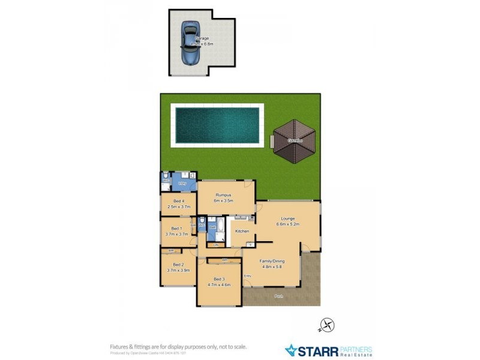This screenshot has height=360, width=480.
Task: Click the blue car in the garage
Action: click(x=191, y=44)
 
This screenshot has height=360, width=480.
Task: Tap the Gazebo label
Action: click(x=293, y=140)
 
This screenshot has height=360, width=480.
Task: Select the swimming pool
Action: click(x=217, y=124)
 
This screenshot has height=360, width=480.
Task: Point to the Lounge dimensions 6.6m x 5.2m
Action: click(x=287, y=224)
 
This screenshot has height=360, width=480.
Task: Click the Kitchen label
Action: click(x=242, y=231)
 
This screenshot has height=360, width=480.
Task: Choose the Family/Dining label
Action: click(x=271, y=262)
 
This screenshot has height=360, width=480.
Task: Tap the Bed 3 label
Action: click(x=219, y=279)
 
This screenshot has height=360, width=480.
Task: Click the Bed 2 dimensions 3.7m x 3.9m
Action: click(x=178, y=271)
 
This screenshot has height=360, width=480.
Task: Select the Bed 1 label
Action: click(x=176, y=228)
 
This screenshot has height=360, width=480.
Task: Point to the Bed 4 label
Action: click(x=178, y=201)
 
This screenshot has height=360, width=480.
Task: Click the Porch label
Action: click(x=278, y=296)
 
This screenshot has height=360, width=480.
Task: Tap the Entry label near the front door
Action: click(x=248, y=275)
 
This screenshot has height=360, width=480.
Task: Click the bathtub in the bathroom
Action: click(x=220, y=228)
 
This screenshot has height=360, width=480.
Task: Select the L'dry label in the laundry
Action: click(x=182, y=183)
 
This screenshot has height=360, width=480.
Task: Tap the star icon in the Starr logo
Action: click(x=291, y=350)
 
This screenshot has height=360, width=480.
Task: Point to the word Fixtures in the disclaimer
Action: click(x=119, y=346)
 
